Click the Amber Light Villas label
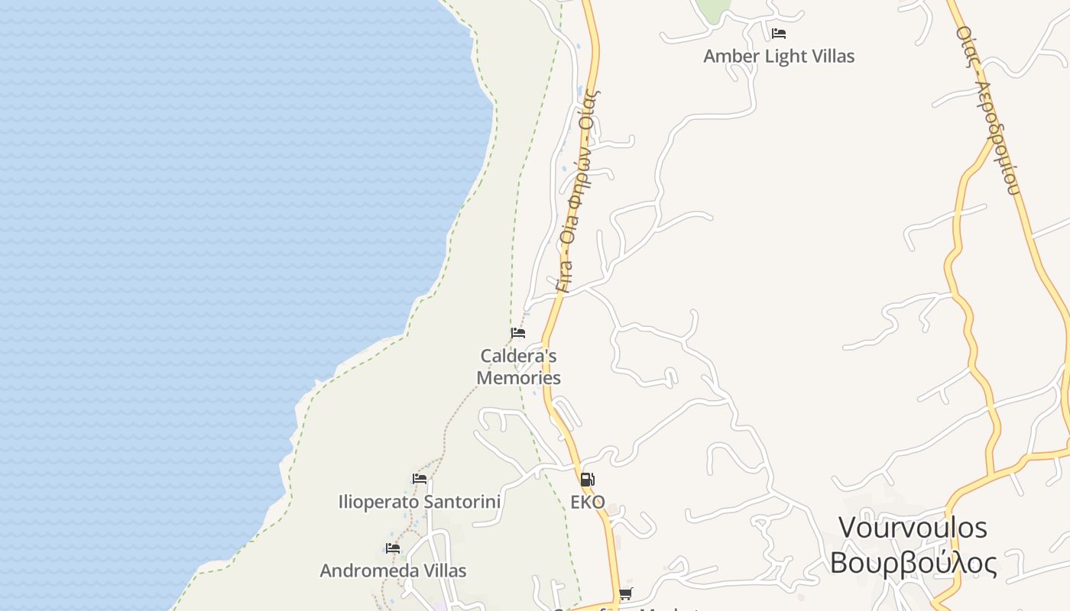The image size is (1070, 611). click(779, 57)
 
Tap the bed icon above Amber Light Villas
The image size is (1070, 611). click(779, 34)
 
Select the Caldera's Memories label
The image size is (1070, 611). click(518, 367)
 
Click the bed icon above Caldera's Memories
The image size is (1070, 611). click(518, 333)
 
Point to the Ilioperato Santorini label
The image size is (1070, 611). click(420, 502)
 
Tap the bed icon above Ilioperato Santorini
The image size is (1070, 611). click(420, 479)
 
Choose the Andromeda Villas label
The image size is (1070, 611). click(393, 571)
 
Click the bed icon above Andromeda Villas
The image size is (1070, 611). click(393, 548)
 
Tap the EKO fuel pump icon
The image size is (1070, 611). click(586, 480)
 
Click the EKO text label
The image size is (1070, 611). click(588, 502)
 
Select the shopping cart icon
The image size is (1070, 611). click(626, 593)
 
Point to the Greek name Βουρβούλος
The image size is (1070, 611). click(913, 563)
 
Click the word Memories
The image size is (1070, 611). click(518, 377)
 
